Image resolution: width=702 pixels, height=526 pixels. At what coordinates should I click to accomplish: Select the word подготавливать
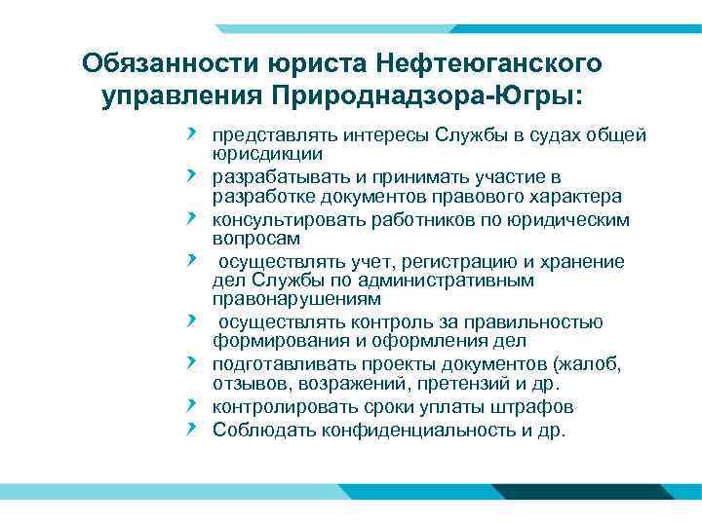[278, 365]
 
